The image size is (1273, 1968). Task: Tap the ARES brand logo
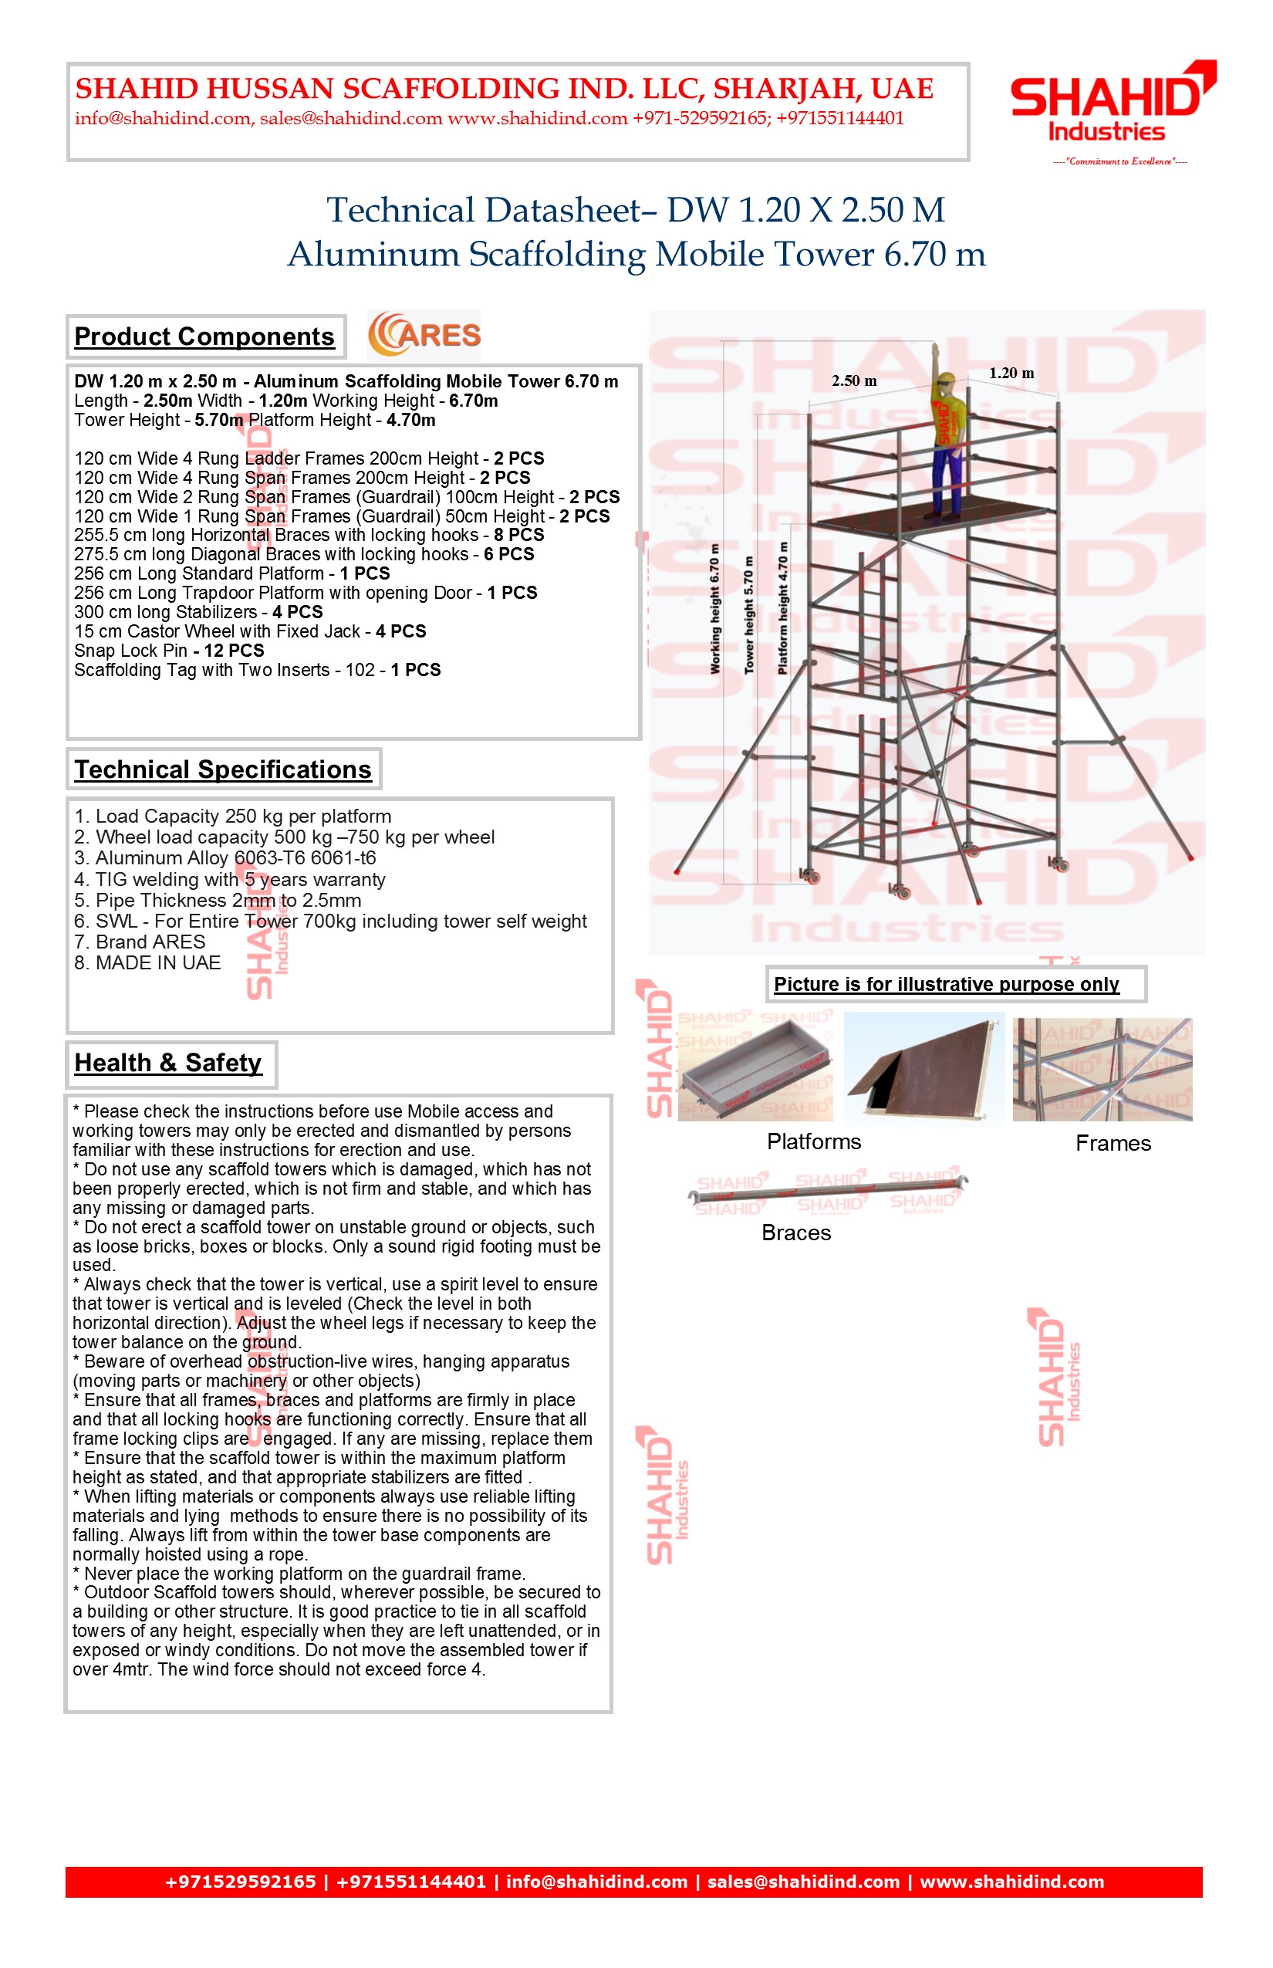pos(424,335)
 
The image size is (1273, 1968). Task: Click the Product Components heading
pos(204,336)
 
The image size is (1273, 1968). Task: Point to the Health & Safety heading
pos(168,1063)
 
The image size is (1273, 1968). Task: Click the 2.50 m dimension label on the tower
pos(854,381)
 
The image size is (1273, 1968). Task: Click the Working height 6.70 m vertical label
pos(715,608)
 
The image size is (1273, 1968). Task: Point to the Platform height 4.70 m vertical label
pos(783,608)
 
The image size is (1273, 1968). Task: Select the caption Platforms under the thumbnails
pos(813,1142)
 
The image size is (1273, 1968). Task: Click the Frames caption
pos(1113,1144)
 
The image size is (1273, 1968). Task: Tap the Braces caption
pos(796,1233)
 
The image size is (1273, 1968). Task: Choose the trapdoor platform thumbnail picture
pos(924,1067)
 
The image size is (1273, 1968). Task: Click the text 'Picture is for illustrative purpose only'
pos(946,984)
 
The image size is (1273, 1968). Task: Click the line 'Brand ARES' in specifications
pos(140,942)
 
